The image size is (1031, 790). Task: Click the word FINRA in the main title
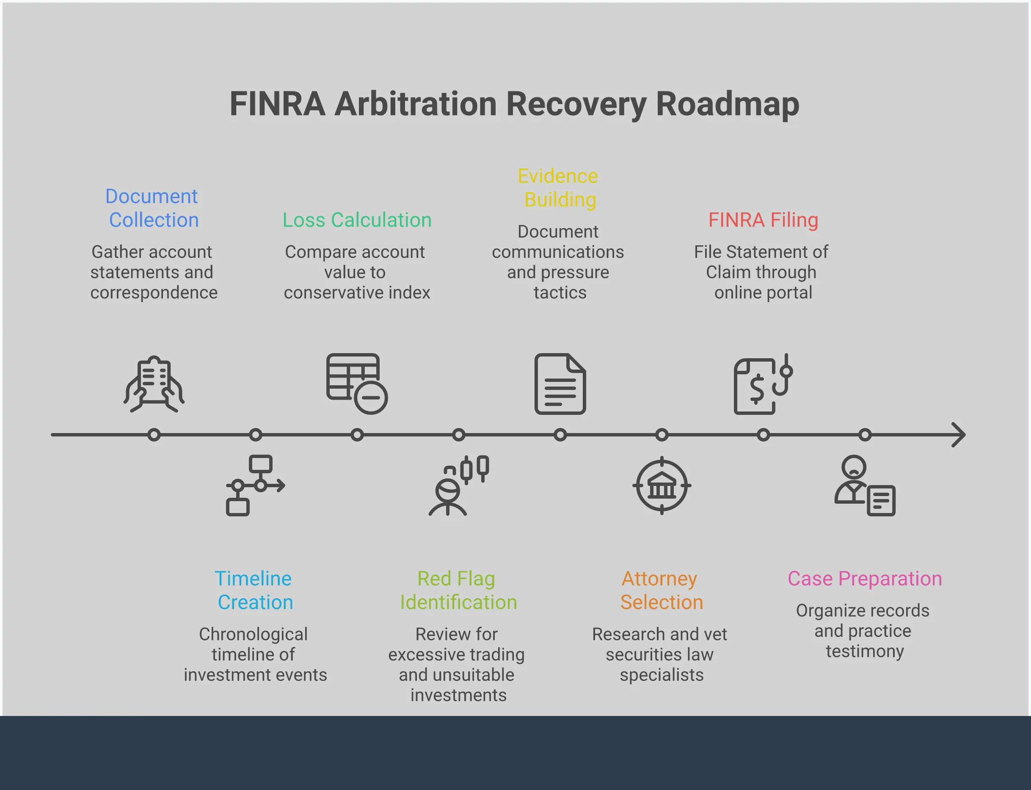277,104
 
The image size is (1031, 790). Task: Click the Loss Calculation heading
357,220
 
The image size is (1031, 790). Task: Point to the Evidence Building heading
559,188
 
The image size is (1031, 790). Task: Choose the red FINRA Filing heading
763,220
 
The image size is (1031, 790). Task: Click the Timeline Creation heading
254,590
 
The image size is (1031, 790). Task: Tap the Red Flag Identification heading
458,590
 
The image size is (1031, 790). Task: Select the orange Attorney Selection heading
661,590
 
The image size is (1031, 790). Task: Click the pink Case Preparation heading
864,579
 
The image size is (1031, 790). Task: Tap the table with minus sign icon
357,383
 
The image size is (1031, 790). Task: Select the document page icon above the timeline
560,384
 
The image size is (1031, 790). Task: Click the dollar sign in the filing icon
757,389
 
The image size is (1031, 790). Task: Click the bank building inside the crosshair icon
662,486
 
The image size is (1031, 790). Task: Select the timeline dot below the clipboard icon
154,434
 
